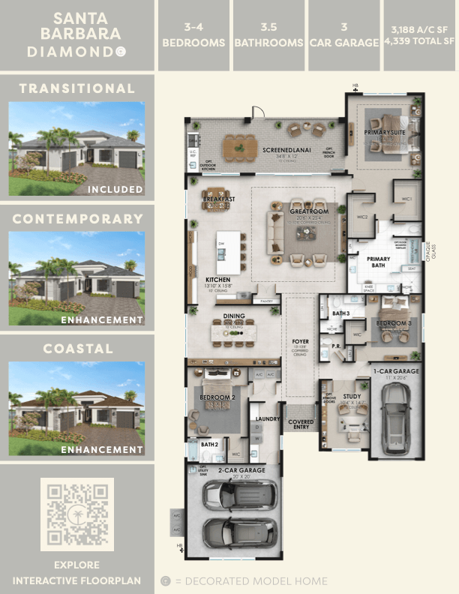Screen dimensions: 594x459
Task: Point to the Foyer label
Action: click(x=300, y=341)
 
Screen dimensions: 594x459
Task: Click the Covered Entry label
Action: click(x=301, y=425)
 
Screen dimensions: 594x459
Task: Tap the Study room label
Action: click(x=352, y=397)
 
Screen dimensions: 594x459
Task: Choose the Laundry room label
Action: click(x=268, y=419)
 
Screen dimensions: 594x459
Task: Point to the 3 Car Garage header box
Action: click(x=344, y=36)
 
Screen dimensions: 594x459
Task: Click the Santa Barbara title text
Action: click(x=76, y=27)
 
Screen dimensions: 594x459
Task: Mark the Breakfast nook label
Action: click(x=219, y=199)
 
